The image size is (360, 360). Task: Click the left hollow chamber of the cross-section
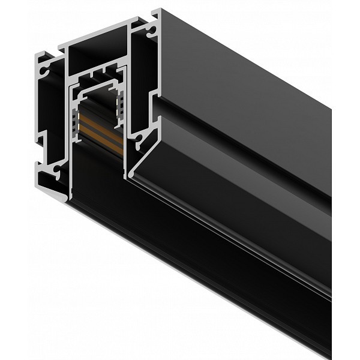click(x=51, y=120)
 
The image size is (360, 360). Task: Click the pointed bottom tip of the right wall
click(x=127, y=177)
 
